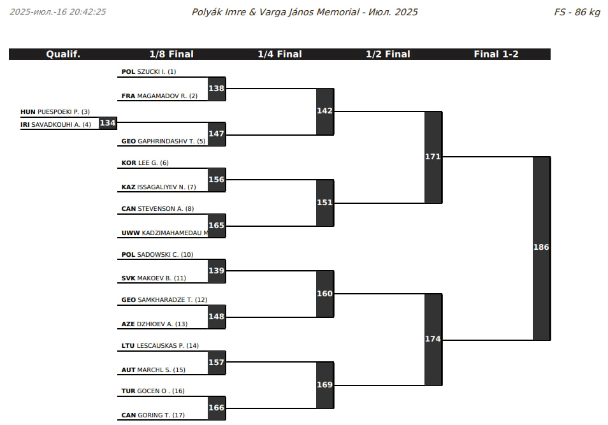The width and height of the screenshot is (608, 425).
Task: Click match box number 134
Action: pyautogui.click(x=108, y=122)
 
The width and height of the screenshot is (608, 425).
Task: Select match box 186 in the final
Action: pyautogui.click(x=541, y=247)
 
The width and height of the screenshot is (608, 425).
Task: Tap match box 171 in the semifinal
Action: pyautogui.click(x=433, y=157)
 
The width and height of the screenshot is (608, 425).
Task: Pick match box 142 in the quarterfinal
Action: pyautogui.click(x=324, y=111)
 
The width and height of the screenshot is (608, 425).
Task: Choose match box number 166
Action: pyautogui.click(x=216, y=408)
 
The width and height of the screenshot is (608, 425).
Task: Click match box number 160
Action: pyautogui.click(x=324, y=294)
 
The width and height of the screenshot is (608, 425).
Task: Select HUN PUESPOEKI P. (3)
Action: pyautogui.click(x=55, y=112)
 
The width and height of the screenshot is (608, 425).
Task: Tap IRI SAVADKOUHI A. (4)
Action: pyautogui.click(x=55, y=125)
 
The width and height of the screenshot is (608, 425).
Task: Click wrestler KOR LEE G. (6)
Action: pyautogui.click(x=145, y=163)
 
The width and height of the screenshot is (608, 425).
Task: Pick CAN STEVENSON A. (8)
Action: pyautogui.click(x=157, y=209)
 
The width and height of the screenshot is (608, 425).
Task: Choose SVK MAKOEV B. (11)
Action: pyautogui.click(x=153, y=278)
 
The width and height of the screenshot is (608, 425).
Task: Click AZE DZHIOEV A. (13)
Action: pyautogui.click(x=154, y=324)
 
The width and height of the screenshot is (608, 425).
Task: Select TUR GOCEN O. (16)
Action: pyautogui.click(x=152, y=391)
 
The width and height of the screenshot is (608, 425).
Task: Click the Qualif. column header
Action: pyautogui.click(x=63, y=54)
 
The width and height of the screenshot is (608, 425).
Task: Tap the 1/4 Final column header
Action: pyautogui.click(x=280, y=54)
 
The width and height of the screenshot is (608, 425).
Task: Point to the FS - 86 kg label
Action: pyautogui.click(x=577, y=12)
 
